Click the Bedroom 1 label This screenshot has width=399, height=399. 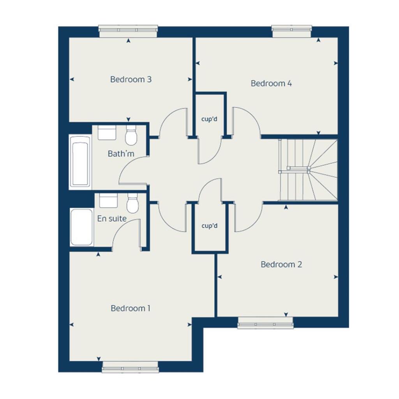[131, 308]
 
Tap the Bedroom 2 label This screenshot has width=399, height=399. [281, 265]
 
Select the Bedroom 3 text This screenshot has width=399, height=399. [131, 79]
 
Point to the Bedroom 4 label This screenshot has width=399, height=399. [271, 83]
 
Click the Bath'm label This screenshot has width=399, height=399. [121, 154]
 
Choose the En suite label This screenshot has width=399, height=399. [112, 219]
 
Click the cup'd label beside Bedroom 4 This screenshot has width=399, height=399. [209, 119]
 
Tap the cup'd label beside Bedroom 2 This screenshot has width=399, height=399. [209, 226]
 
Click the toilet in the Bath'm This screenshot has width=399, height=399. [131, 135]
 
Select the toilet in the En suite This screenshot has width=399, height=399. [132, 203]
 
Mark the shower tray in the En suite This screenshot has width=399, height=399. [82, 227]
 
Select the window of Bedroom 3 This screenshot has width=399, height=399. [128, 32]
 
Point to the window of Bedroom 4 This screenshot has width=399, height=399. [292, 32]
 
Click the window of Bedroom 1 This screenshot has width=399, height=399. [130, 367]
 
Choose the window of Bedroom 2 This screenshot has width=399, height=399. [265, 323]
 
